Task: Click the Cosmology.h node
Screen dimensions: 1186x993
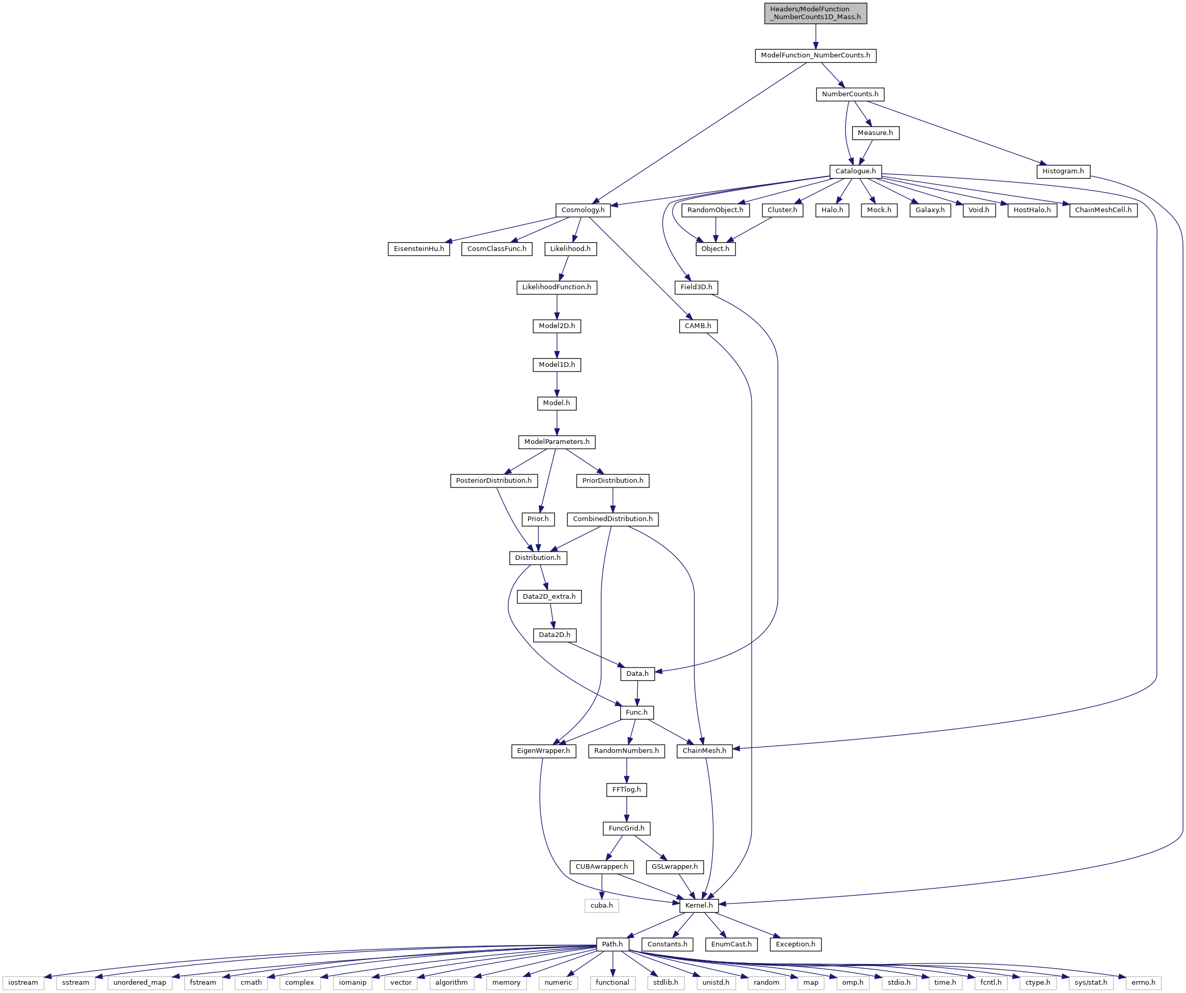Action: pos(583,210)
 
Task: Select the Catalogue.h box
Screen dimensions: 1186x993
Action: pos(856,171)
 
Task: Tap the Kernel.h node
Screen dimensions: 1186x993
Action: pos(699,906)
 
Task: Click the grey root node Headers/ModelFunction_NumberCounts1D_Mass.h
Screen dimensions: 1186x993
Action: pos(815,13)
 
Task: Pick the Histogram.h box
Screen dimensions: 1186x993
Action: pos(1063,171)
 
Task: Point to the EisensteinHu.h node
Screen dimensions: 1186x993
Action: pos(419,249)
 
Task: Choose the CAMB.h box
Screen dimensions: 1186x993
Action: pos(698,327)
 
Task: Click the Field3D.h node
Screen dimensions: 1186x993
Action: pos(696,287)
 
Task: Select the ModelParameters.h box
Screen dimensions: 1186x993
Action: pos(557,442)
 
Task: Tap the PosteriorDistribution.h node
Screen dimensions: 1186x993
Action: pos(493,481)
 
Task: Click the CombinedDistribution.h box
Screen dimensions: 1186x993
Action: pos(613,520)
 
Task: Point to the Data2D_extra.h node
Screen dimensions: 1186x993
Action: pos(549,597)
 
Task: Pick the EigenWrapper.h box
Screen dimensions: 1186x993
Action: pos(543,751)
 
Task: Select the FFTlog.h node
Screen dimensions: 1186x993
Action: pos(626,790)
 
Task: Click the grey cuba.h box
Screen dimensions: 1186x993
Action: pos(602,906)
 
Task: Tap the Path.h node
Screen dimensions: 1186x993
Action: pos(612,944)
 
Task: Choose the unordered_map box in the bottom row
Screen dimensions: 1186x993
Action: pos(139,983)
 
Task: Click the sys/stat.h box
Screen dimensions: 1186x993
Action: pos(1091,983)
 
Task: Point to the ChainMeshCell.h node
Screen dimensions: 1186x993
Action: pos(1103,210)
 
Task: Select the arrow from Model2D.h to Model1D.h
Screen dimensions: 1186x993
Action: pos(557,346)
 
